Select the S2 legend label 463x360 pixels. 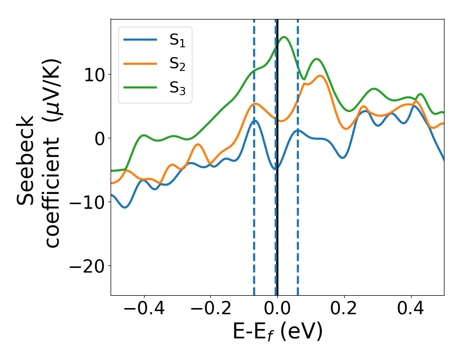point(177,64)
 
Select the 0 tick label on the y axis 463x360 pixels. point(99,138)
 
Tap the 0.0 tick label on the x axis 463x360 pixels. point(277,309)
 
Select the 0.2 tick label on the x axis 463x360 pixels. point(344,309)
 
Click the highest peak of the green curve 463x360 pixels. point(284,37)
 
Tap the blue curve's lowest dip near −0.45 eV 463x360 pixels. point(125,207)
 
